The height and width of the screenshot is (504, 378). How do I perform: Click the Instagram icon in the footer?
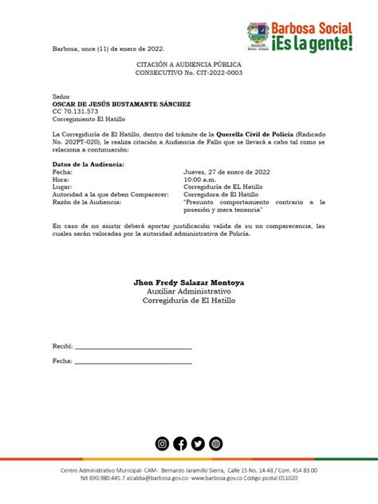tap(162, 444)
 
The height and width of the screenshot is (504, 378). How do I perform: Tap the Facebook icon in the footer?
tap(180, 444)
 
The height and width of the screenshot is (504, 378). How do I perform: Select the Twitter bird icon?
tap(198, 444)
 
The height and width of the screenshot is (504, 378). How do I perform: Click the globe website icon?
tap(215, 444)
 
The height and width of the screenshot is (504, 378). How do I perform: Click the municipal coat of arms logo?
tap(258, 36)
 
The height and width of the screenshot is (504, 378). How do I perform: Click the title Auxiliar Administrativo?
tap(189, 292)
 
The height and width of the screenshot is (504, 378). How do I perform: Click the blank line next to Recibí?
tap(133, 348)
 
